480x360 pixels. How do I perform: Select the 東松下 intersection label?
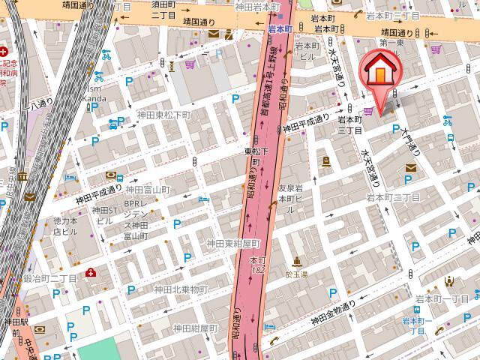(x=256, y=151)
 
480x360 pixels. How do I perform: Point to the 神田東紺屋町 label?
(x=232, y=244)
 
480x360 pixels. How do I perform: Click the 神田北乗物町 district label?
(x=180, y=289)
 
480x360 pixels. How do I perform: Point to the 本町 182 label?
(x=258, y=263)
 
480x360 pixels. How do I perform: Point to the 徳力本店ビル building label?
(x=66, y=226)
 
